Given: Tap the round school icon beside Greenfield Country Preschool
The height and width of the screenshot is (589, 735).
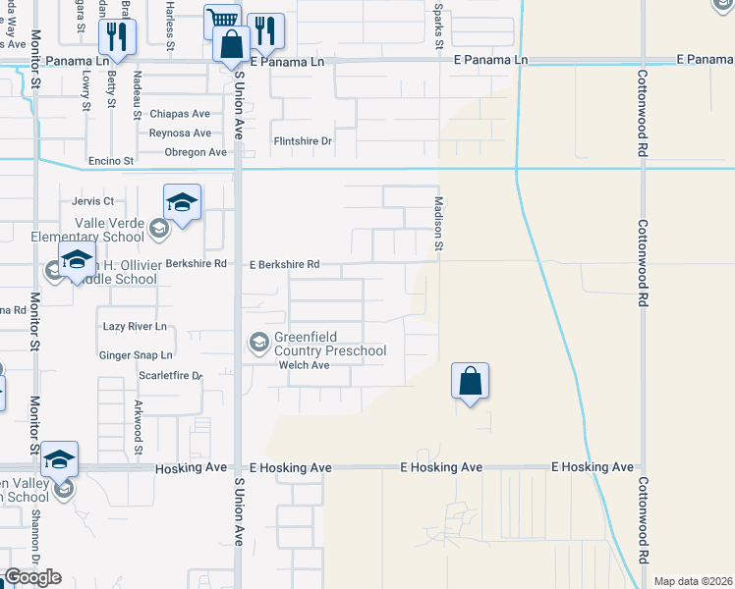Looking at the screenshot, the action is pos(258,342).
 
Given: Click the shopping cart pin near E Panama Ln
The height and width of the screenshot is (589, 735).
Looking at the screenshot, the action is pos(223,21).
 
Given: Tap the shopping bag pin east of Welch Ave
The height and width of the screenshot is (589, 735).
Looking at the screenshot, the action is pos(471,380).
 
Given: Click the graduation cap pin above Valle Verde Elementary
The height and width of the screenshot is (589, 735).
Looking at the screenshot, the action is pos(182,202).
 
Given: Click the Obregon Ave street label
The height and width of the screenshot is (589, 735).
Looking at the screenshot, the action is pos(196,152).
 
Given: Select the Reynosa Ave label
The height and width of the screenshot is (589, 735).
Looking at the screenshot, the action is pos(180,133).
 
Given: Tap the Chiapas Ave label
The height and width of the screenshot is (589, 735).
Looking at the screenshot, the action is pos(180,114).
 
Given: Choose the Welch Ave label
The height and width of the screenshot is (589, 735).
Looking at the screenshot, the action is pos(302,365).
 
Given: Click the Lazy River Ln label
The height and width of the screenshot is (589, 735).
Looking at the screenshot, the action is pos(135,326).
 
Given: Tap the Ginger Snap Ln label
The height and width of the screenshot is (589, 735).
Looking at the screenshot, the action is pos(136,354).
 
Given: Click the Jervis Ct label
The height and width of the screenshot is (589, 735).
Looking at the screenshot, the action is pos(94,201).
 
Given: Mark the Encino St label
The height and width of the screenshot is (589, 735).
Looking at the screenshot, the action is pos(110,160).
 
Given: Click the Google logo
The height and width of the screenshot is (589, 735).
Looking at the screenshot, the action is pos(32,577).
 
